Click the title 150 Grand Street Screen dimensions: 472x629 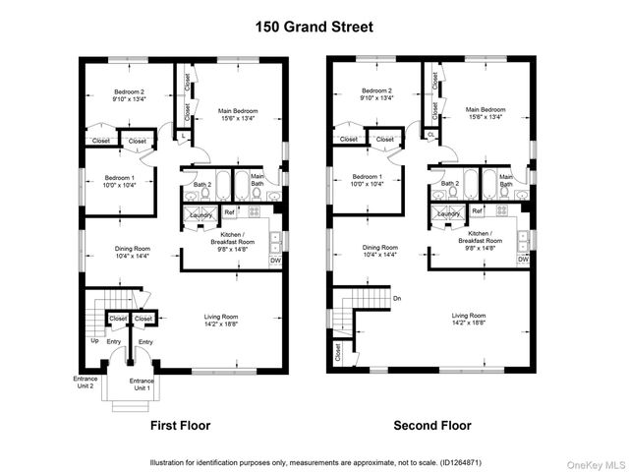[x=314, y=28]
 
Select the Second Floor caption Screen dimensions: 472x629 [x=431, y=426]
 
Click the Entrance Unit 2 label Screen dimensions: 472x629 [x=85, y=382]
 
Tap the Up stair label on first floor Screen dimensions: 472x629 [x=94, y=340]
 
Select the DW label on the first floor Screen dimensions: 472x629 [x=275, y=260]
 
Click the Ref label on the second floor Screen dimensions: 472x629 [x=477, y=211]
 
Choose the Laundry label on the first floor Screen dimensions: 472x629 [x=201, y=212]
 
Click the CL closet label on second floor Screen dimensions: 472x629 [x=431, y=135]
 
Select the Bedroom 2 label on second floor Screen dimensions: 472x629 [x=377, y=90]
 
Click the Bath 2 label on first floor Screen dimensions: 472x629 [x=202, y=184]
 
